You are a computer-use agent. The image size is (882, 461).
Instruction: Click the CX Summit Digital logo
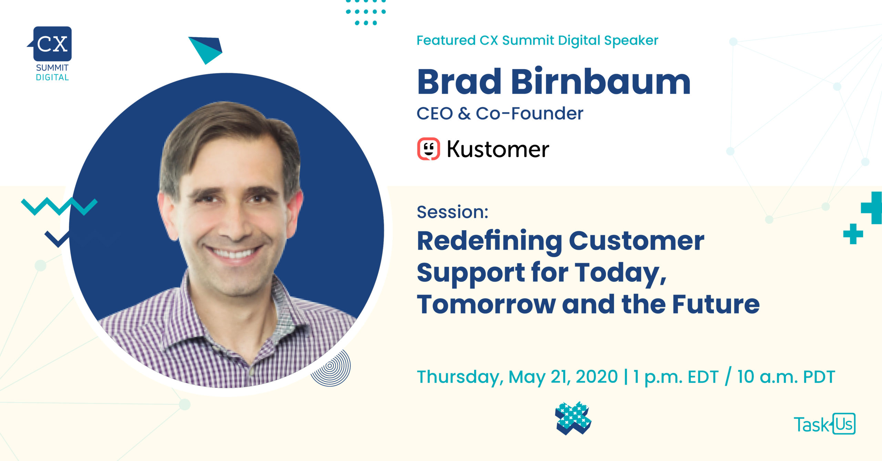tap(51, 53)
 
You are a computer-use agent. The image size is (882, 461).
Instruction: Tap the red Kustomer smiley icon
tap(428, 149)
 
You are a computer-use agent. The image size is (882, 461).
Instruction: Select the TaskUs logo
tap(824, 424)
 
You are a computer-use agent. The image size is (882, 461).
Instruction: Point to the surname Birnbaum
tap(601, 81)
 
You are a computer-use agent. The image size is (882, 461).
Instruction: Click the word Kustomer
tap(498, 149)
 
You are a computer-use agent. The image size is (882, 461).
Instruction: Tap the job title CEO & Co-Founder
tap(500, 113)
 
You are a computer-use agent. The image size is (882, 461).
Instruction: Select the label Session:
tap(453, 212)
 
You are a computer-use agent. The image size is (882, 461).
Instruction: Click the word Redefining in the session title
tap(490, 241)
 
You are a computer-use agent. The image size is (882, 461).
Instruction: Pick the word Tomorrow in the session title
tap(486, 305)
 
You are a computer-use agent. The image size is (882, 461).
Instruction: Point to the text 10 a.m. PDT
tap(786, 377)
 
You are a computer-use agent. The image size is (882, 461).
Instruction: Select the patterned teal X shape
tap(573, 418)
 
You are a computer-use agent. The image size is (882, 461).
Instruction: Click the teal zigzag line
tap(59, 206)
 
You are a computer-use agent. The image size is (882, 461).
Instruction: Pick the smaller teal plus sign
tap(853, 234)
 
